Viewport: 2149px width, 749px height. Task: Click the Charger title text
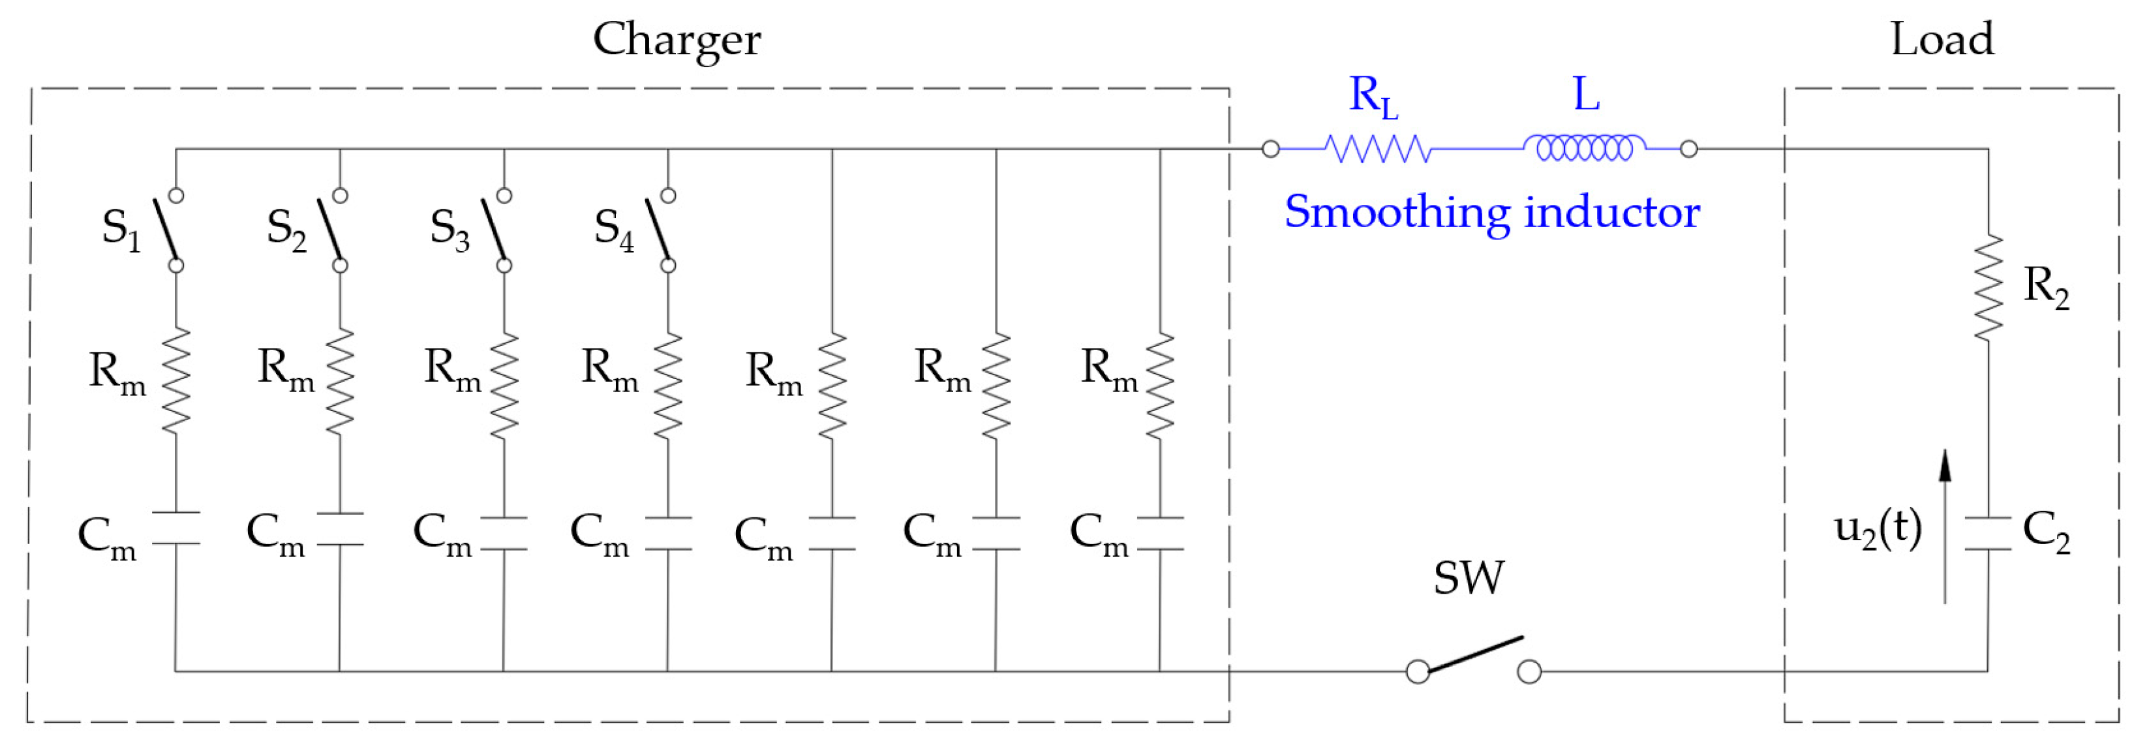click(676, 39)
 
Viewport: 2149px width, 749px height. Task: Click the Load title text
click(1942, 39)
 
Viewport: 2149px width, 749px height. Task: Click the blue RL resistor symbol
click(1377, 149)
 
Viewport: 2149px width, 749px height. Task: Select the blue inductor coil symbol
click(1583, 149)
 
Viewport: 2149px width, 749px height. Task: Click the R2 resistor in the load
click(1988, 287)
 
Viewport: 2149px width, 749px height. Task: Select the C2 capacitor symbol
click(1988, 534)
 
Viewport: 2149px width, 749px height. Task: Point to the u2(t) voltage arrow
click(1945, 525)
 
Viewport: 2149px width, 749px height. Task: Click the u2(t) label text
click(1877, 529)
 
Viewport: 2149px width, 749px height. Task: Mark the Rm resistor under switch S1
click(176, 380)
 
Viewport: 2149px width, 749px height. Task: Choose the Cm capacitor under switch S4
click(667, 534)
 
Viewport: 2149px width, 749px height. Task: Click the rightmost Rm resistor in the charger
click(1159, 386)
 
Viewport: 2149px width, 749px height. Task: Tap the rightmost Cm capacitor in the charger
click(1159, 534)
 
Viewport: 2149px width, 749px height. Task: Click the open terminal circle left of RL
click(1271, 149)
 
